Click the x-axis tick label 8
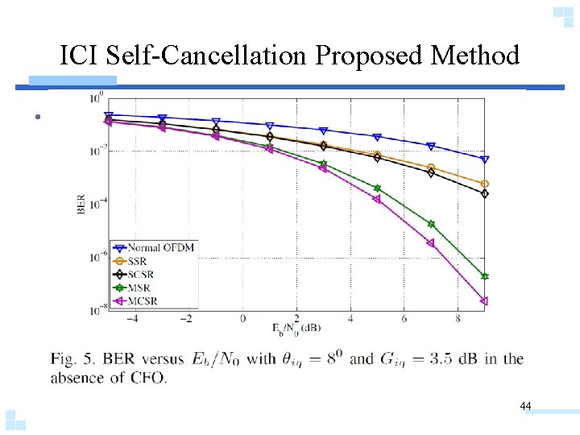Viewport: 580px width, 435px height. [x=458, y=318]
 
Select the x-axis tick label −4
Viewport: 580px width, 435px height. [x=133, y=318]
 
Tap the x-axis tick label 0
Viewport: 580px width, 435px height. [x=242, y=318]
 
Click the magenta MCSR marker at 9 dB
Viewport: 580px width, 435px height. [x=484, y=301]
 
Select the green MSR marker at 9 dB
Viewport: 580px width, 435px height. [x=484, y=276]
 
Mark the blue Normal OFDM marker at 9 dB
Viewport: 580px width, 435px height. [x=484, y=159]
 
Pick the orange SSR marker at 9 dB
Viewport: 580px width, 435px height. [x=484, y=184]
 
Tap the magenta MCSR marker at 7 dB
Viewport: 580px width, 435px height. [x=430, y=242]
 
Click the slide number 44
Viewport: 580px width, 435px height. [x=525, y=407]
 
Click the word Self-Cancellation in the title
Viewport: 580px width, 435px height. [x=206, y=56]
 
